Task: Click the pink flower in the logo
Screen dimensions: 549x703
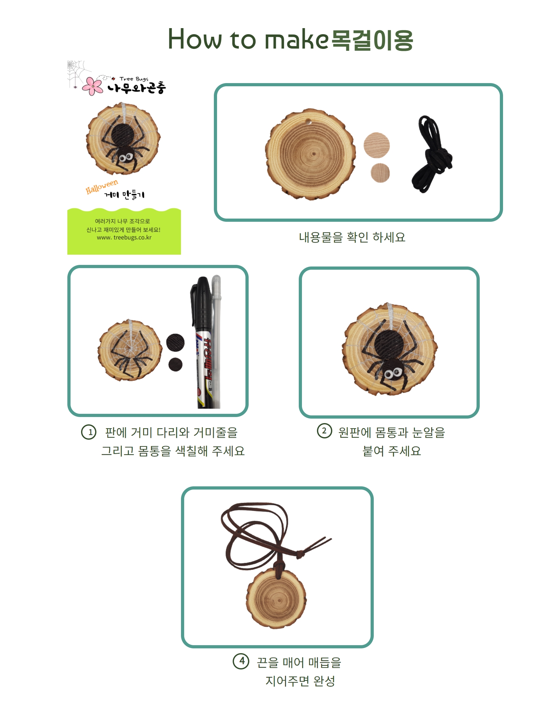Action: click(93, 86)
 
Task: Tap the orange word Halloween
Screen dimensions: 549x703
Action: click(102, 187)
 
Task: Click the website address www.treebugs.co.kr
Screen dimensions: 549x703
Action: click(124, 237)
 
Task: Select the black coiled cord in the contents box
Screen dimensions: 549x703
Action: click(432, 154)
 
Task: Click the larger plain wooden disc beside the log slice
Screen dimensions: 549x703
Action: click(377, 145)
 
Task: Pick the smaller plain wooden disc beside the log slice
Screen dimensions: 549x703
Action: click(380, 173)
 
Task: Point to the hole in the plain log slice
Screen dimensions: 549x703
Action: click(308, 122)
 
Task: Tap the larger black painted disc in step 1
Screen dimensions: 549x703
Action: click(175, 343)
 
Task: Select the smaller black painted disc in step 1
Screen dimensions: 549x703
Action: click(175, 364)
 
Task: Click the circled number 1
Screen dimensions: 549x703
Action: click(89, 432)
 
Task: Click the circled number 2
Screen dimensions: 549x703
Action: click(325, 431)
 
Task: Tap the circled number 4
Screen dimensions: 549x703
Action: click(241, 661)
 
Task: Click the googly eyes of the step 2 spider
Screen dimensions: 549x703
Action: click(393, 373)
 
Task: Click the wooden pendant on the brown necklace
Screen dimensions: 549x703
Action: click(277, 598)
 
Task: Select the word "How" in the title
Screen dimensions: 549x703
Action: click(195, 39)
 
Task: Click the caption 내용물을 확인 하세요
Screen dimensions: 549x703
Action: click(352, 237)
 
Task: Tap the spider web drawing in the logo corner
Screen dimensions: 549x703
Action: click(77, 73)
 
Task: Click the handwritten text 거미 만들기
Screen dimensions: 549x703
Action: click(124, 194)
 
